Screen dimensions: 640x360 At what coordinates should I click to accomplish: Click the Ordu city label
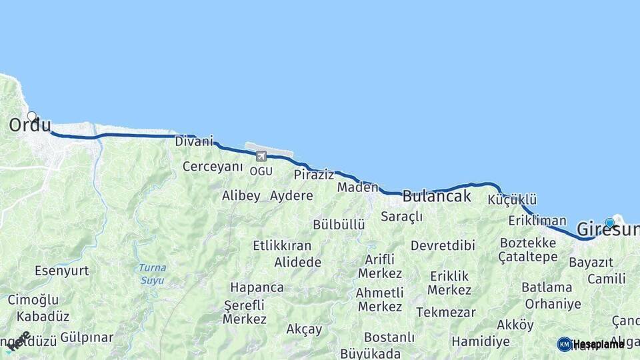pos(30,125)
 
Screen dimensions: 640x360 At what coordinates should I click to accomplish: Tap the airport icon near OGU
pos(261,156)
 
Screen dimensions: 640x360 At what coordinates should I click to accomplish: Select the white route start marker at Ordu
pos(31,116)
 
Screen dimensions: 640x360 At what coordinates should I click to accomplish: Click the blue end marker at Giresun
pos(609,223)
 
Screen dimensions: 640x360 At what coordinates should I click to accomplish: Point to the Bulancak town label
pos(437,196)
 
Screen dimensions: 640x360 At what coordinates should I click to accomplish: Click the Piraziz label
pos(313,175)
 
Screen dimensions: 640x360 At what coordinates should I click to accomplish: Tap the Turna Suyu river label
pos(153,273)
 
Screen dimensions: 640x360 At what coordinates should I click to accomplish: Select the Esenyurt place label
pos(62,271)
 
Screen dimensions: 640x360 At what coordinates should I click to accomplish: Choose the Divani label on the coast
pos(194,141)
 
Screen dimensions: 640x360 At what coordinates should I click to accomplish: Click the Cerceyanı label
pos(213,166)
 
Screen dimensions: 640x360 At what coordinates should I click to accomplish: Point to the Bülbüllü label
pos(339,224)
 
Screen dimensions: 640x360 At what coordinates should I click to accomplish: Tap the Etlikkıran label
pos(282,245)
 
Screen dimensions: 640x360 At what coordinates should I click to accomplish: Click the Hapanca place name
pos(257,287)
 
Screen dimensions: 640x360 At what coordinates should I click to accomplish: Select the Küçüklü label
pos(512,200)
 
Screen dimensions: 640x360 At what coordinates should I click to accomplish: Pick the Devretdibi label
pos(443,245)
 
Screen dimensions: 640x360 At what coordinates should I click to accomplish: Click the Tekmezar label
pos(446,312)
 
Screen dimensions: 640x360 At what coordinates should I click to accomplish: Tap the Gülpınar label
pos(87,337)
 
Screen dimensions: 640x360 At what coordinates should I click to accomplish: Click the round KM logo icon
pos(564,344)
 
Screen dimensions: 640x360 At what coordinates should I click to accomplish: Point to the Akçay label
pos(304,329)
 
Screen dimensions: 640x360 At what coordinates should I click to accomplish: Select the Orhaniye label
pos(553,304)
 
